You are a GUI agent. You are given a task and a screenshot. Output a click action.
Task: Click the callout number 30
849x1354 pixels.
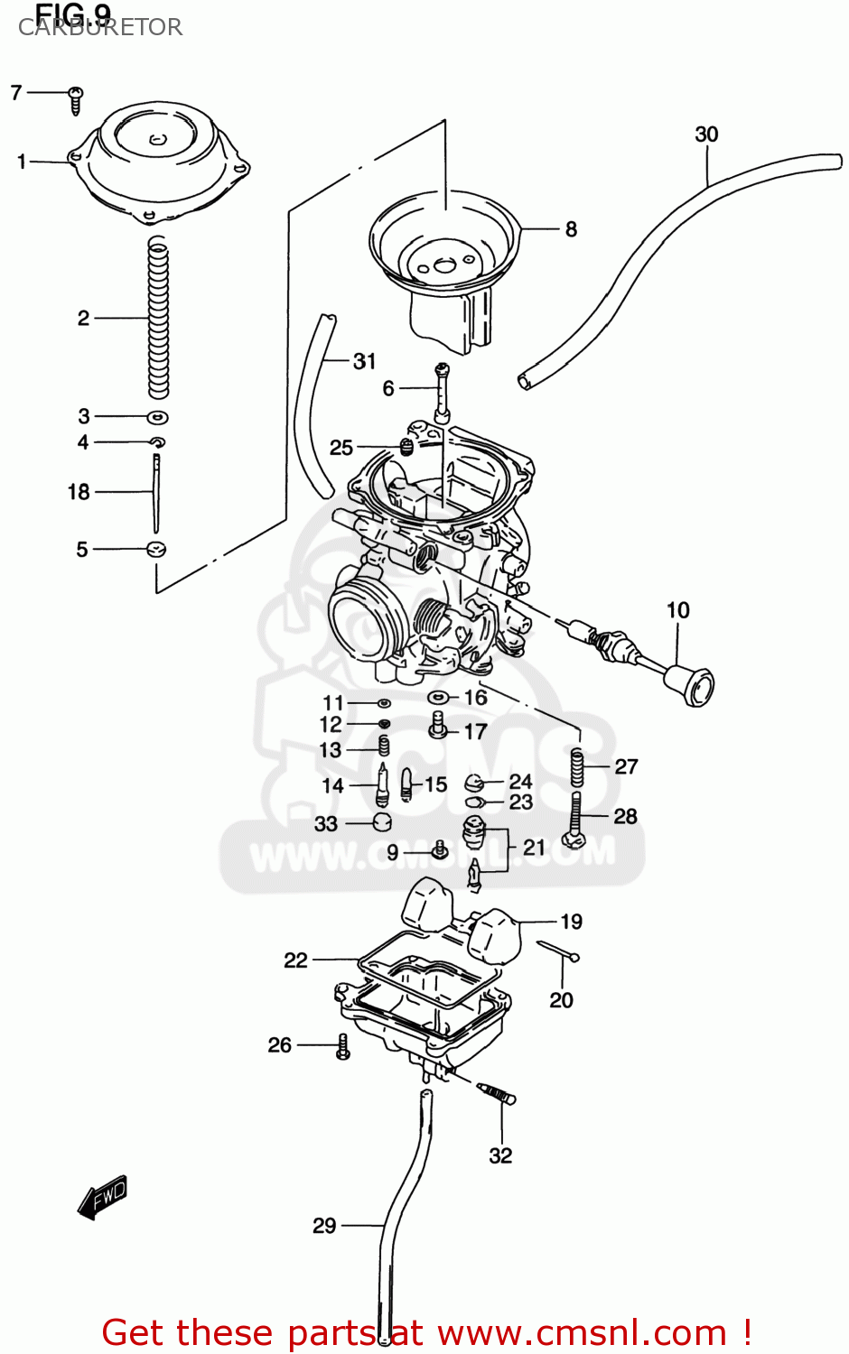click(x=706, y=134)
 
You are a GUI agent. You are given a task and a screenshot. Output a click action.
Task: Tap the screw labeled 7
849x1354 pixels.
click(x=76, y=98)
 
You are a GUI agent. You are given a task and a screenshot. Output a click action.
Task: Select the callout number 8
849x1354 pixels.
click(x=571, y=229)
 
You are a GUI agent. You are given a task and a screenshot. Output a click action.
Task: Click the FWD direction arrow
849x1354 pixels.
click(x=102, y=1198)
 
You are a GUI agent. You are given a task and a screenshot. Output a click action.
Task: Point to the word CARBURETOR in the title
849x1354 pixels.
click(x=100, y=28)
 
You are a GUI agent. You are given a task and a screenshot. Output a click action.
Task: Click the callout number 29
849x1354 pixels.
click(x=324, y=1225)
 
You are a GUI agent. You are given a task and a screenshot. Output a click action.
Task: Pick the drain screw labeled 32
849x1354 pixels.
click(x=496, y=1093)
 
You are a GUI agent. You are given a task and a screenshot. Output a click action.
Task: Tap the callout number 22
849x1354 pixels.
click(x=295, y=960)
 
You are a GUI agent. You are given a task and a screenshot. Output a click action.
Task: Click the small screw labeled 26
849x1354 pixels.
click(x=342, y=1046)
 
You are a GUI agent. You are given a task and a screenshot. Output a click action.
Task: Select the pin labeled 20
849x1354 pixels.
click(x=558, y=951)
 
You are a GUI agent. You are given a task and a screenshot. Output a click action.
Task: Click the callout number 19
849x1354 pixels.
click(x=571, y=922)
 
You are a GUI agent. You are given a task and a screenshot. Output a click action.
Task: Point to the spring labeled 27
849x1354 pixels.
click(x=576, y=766)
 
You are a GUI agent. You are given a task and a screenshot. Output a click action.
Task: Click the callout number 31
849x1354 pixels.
click(x=364, y=361)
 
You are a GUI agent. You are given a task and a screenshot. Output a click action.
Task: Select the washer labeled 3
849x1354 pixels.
click(x=157, y=417)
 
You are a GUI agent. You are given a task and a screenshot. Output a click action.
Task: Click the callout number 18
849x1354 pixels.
click(x=79, y=492)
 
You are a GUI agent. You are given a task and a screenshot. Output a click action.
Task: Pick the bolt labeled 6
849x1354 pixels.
click(x=442, y=393)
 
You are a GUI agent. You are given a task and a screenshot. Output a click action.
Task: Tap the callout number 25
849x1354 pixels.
click(x=341, y=448)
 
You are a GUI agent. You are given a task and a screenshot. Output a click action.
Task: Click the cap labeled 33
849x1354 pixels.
click(x=382, y=822)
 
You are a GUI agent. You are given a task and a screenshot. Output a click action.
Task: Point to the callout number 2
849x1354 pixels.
click(x=83, y=318)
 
